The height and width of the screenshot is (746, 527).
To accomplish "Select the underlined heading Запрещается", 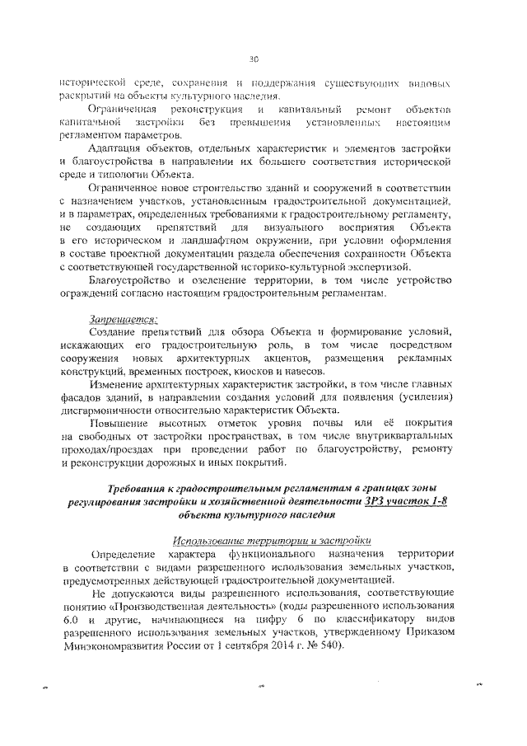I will (124, 319).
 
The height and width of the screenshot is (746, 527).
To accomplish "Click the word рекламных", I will (420, 359).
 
